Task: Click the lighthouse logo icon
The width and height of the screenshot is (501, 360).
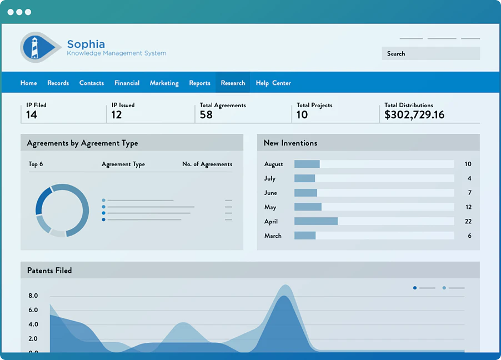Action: (x=40, y=47)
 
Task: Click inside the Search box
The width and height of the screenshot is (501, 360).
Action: (x=430, y=53)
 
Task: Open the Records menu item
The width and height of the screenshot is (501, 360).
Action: (x=58, y=83)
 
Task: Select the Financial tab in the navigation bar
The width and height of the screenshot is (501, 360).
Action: (x=127, y=83)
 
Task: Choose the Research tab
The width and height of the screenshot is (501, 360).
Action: (x=233, y=83)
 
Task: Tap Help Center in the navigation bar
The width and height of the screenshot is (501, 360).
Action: (x=273, y=83)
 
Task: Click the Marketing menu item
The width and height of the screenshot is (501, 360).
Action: (x=164, y=83)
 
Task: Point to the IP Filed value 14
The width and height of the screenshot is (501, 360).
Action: (x=32, y=115)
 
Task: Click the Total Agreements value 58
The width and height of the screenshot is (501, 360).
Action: (x=206, y=115)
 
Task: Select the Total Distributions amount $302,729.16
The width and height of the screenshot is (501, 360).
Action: (x=414, y=115)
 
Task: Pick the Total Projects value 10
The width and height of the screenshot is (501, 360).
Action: (x=302, y=115)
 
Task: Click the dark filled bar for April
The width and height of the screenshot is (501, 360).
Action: (x=316, y=221)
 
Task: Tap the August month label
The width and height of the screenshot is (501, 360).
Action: (x=273, y=164)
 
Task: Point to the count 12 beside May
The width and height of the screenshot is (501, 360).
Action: (x=468, y=207)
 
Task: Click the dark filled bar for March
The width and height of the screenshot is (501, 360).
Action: (x=305, y=236)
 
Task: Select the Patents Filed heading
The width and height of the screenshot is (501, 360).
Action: (x=49, y=271)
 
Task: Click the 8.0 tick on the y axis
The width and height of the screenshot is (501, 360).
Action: (x=33, y=296)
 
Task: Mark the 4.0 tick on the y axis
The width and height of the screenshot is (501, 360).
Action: (x=33, y=324)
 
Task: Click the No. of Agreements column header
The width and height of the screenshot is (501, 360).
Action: (x=207, y=164)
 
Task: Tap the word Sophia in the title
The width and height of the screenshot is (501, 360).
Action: (x=86, y=44)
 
